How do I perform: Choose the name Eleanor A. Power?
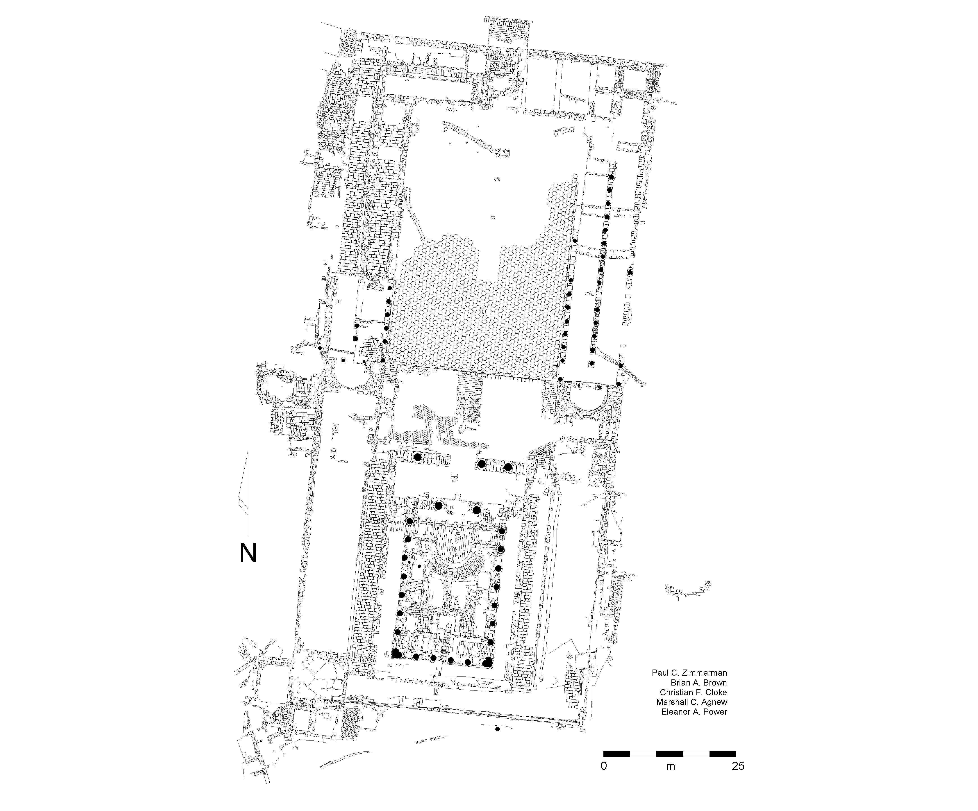point(694,712)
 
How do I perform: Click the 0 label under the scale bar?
point(604,766)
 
